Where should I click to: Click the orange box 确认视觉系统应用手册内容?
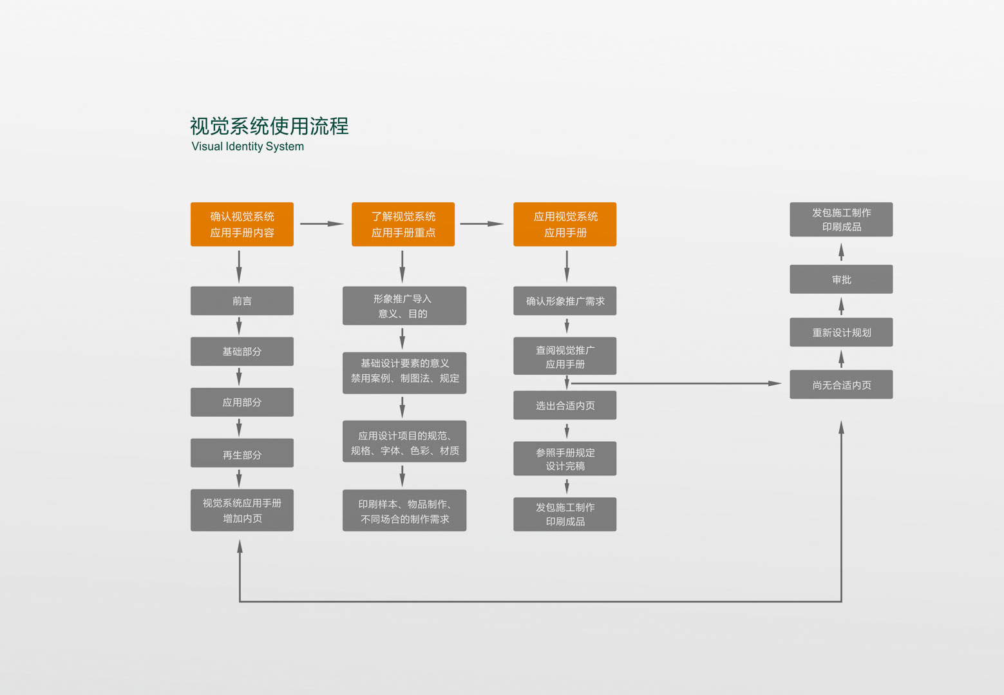pyautogui.click(x=242, y=224)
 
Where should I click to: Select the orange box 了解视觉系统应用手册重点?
pyautogui.click(x=403, y=224)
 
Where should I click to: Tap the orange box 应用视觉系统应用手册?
pyautogui.click(x=564, y=224)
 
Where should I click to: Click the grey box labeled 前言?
pyautogui.click(x=242, y=301)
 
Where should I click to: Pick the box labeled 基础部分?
pyautogui.click(x=242, y=352)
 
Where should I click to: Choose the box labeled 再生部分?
pyautogui.click(x=242, y=453)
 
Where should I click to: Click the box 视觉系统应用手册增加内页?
pyautogui.click(x=242, y=510)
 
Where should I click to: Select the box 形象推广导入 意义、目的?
pyautogui.click(x=404, y=306)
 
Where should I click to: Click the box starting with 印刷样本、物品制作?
pyautogui.click(x=404, y=511)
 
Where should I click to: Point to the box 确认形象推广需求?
pyautogui.click(x=564, y=301)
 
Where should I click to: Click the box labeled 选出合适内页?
pyautogui.click(x=564, y=405)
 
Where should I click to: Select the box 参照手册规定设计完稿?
pyautogui.click(x=564, y=459)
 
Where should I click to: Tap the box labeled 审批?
pyautogui.click(x=840, y=280)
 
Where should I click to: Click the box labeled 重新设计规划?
pyautogui.click(x=840, y=332)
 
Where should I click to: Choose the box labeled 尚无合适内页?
pyautogui.click(x=840, y=385)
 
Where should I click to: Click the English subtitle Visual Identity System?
pyautogui.click(x=247, y=146)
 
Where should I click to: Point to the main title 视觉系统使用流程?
pyautogui.click(x=269, y=126)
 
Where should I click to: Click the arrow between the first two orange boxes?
pyautogui.click(x=322, y=224)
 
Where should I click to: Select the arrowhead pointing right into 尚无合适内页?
pyautogui.click(x=775, y=383)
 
